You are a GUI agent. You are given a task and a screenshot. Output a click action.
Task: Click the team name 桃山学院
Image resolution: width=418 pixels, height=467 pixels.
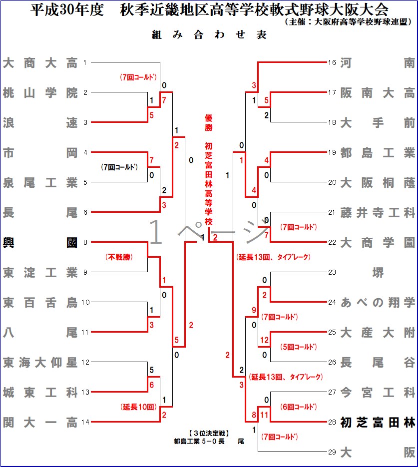[40, 93]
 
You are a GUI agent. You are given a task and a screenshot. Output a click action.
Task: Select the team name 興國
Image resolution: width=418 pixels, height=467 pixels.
[40, 243]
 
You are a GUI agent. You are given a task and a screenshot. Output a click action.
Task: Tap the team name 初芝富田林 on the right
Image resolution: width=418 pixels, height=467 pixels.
[378, 423]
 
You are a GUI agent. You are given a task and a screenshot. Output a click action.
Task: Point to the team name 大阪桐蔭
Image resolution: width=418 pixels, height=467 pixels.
[378, 183]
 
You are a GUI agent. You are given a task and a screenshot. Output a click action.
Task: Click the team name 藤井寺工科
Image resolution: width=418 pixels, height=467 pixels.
[378, 213]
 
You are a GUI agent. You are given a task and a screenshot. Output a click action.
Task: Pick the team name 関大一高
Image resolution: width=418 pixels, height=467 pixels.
[40, 423]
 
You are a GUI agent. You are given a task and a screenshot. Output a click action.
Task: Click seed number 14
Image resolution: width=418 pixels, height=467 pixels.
[85, 423]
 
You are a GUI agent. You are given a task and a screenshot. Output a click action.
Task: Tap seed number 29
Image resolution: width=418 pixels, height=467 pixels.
[332, 453]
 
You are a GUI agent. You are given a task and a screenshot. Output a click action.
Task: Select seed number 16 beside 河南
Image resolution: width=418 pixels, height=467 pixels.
[332, 63]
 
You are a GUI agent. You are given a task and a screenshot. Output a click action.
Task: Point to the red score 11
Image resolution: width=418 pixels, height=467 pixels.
[265, 415]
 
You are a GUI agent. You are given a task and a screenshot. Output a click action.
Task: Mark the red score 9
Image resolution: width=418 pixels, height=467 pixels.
[254, 310]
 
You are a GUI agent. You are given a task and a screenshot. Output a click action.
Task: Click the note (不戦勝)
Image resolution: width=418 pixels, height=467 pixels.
[118, 257]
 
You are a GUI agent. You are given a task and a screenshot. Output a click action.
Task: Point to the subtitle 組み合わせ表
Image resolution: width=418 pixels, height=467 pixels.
[209, 35]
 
